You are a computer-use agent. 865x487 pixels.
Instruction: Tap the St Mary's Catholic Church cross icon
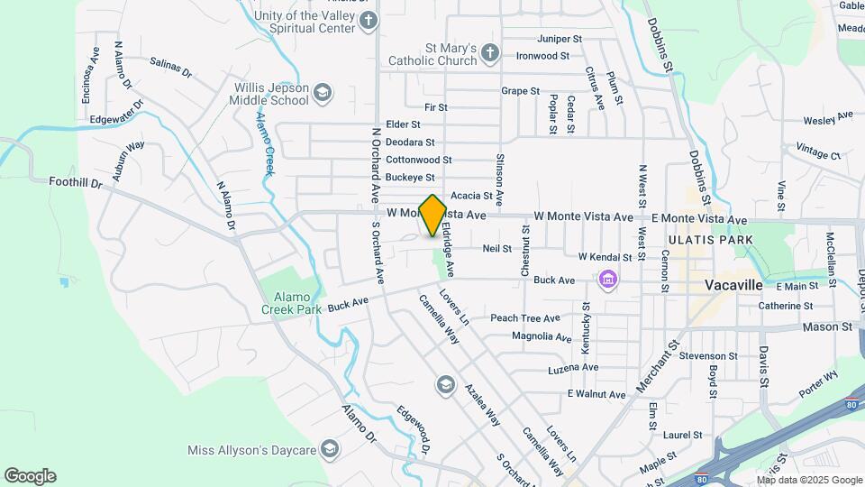coord(489,53)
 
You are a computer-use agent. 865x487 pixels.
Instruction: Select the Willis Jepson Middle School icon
coord(323,93)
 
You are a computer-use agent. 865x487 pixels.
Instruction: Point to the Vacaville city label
coord(733,285)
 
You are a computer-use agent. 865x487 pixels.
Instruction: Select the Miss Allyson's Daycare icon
coord(331,449)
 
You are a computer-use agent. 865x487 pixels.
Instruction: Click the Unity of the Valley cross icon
coord(368,22)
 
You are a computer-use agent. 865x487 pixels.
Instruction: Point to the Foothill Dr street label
coord(77,182)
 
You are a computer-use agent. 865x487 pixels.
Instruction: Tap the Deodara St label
coord(410,142)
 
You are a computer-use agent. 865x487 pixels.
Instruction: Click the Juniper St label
coord(560,39)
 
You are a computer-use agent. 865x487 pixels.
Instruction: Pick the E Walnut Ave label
coord(596,395)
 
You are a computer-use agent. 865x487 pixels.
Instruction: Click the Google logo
coord(30,476)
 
